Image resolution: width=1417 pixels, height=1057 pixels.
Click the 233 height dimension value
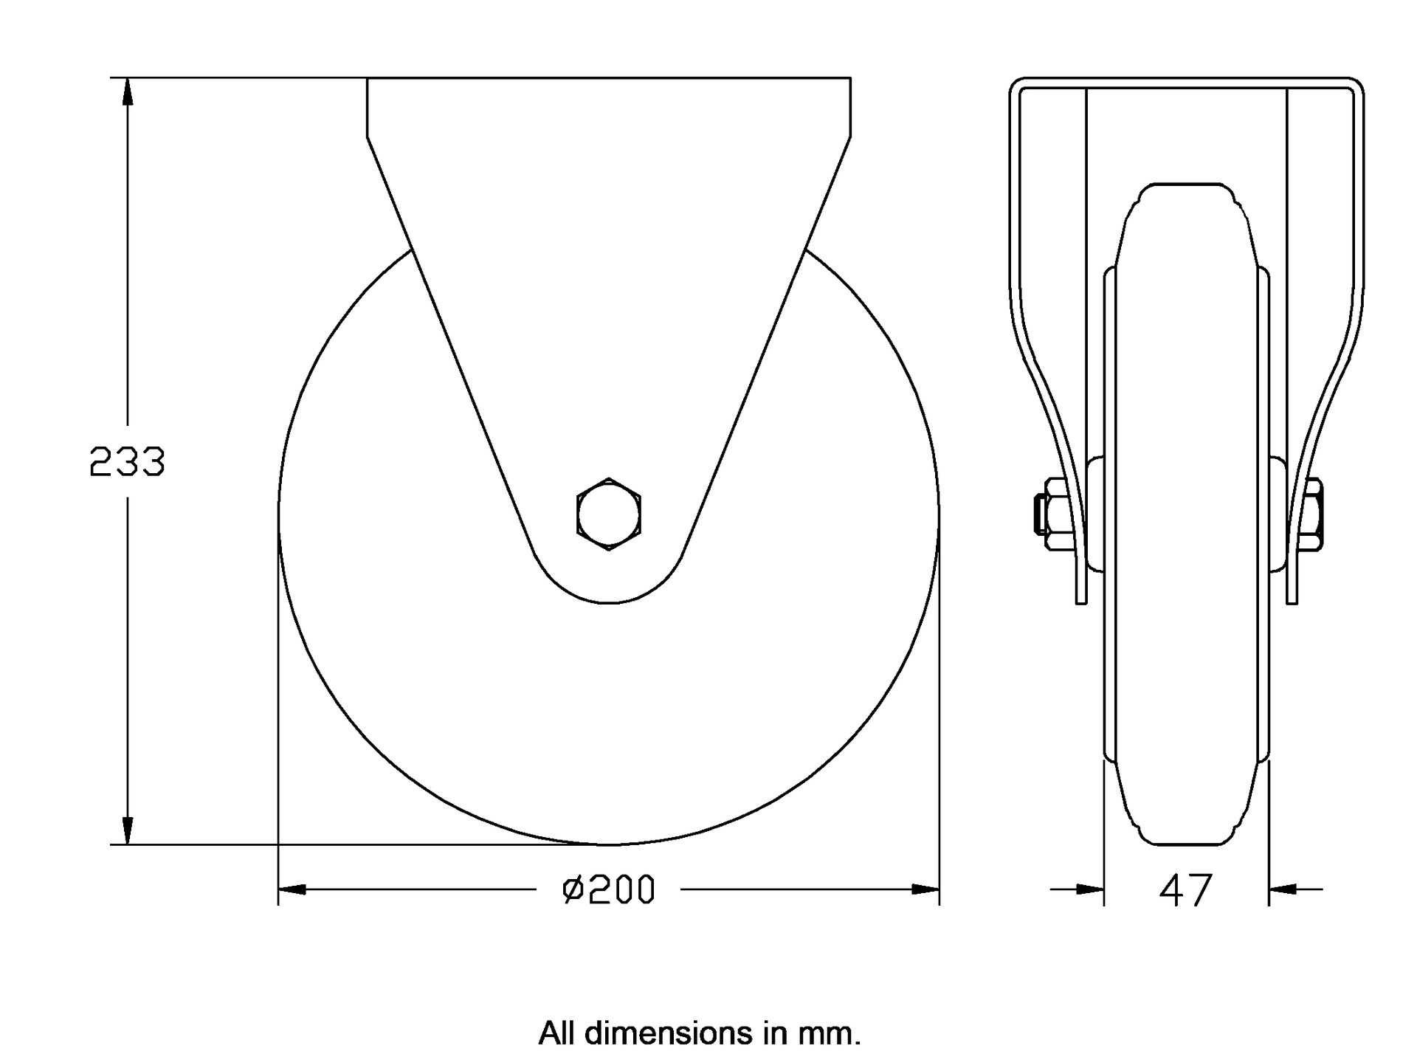coord(127,463)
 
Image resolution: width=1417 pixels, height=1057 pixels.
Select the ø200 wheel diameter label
coord(609,889)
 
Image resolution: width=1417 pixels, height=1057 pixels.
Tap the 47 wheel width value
coord(1186,890)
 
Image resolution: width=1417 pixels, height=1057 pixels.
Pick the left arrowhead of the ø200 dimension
coord(292,889)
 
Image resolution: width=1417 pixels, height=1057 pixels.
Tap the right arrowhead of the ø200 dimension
coord(925,889)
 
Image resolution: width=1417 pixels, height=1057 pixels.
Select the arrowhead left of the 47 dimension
coord(1090,889)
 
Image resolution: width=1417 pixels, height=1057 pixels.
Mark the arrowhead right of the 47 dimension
coord(1283,889)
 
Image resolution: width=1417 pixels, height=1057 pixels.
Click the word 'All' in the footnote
coord(557,1033)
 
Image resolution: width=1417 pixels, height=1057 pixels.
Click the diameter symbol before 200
coord(573,890)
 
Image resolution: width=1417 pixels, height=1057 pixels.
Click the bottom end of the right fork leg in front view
coord(1292,602)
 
